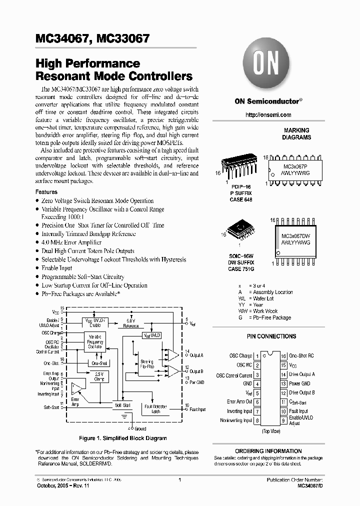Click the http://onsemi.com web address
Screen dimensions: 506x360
(268, 115)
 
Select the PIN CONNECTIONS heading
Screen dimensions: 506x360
(271, 336)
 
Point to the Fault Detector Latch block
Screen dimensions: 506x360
(155, 409)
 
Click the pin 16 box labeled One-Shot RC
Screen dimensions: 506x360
(282, 356)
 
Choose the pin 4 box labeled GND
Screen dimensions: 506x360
(257, 384)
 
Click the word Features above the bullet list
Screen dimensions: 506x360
(46, 192)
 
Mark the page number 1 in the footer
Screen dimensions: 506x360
(179, 480)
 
